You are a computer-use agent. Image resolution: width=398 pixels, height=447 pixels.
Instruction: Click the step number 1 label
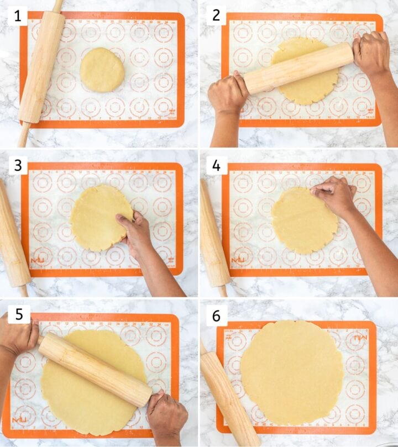click(x=17, y=16)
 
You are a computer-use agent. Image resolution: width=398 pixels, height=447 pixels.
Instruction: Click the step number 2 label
click(x=216, y=16)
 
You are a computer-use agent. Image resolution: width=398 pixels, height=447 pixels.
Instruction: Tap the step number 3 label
click(x=17, y=165)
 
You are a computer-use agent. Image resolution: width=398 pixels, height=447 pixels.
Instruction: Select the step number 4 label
click(x=216, y=165)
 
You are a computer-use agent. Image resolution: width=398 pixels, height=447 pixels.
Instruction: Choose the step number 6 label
click(x=216, y=315)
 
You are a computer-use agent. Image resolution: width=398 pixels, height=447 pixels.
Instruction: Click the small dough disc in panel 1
click(x=102, y=70)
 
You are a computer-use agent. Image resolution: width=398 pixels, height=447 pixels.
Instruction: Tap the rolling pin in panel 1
click(x=41, y=66)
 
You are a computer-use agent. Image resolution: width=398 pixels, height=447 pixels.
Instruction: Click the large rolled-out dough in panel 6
click(x=292, y=372)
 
